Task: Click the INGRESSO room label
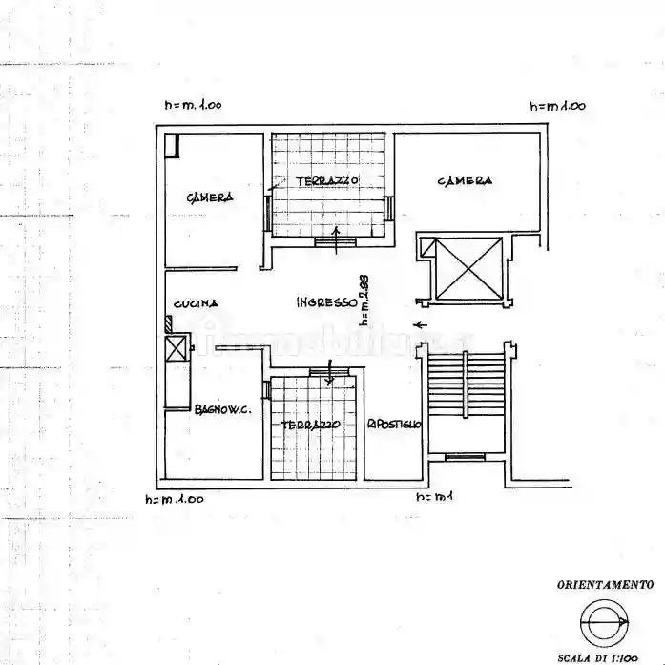(326, 302)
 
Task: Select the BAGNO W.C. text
(222, 410)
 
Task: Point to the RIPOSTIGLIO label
(394, 425)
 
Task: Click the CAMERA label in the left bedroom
(210, 197)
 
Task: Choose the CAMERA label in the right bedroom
(465, 180)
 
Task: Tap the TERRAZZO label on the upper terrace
(326, 180)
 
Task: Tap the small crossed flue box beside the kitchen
(177, 349)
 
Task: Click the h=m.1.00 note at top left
(193, 106)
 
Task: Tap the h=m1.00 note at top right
(558, 106)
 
